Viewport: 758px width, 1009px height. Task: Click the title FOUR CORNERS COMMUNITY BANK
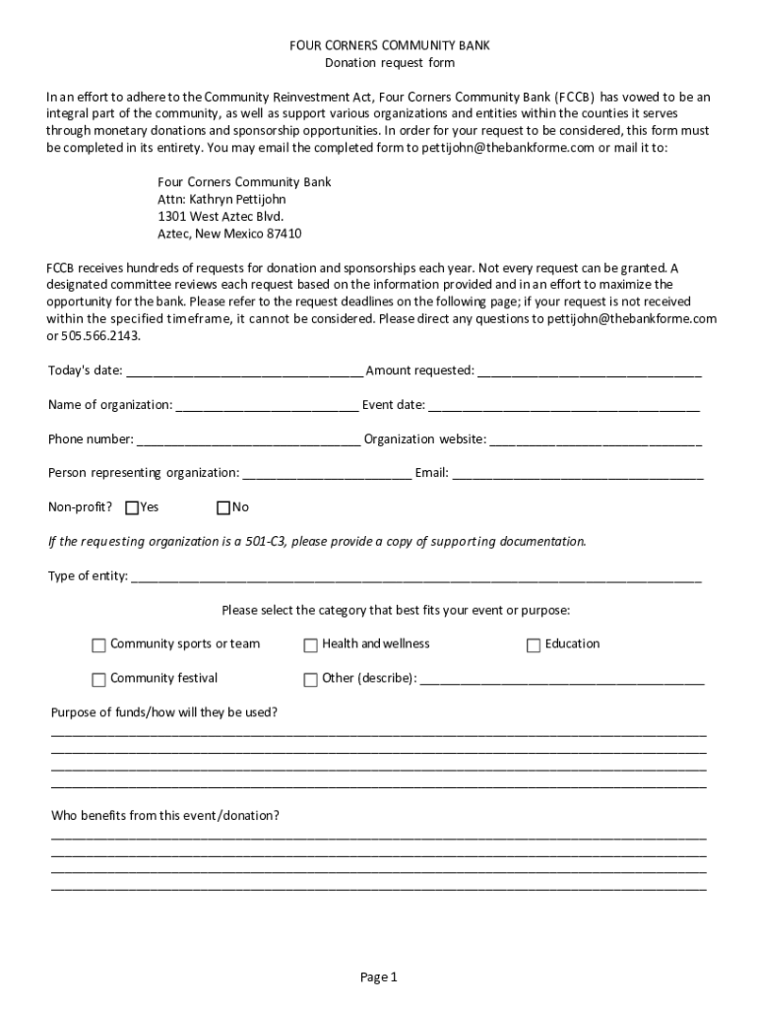389,45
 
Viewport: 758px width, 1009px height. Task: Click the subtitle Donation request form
389,63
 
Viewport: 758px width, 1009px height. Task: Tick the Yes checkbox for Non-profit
132,508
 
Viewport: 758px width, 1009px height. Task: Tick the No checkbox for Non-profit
223,508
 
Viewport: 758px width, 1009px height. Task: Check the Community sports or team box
98,645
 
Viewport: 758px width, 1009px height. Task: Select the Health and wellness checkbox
310,645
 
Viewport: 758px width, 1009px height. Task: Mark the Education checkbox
534,645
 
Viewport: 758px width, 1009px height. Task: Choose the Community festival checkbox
98,680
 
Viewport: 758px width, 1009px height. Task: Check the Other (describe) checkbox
310,680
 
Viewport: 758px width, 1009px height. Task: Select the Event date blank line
564,406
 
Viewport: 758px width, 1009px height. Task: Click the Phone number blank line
248,440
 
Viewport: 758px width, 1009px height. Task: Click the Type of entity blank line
416,577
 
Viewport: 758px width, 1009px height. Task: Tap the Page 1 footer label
378,977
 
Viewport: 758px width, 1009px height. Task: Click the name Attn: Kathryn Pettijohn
221,199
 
